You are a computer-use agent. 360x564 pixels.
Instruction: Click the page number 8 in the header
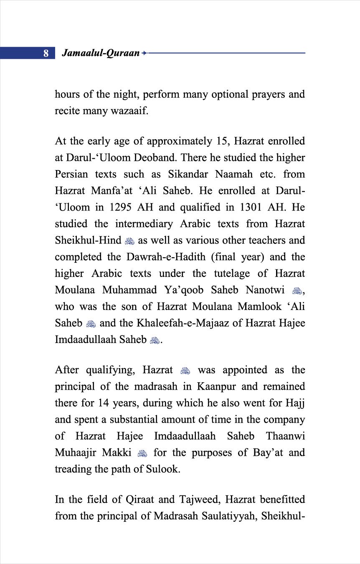pos(46,53)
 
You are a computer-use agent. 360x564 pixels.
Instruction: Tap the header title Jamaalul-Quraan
pos(100,53)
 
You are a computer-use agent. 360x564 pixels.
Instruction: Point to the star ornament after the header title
pos(144,53)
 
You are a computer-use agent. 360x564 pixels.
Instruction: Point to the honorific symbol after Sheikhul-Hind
pos(129,241)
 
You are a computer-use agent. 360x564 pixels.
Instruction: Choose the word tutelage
pos(232,274)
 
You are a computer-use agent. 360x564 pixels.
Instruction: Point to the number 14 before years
pos(104,403)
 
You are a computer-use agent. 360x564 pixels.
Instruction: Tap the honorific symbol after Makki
pos(142,453)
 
